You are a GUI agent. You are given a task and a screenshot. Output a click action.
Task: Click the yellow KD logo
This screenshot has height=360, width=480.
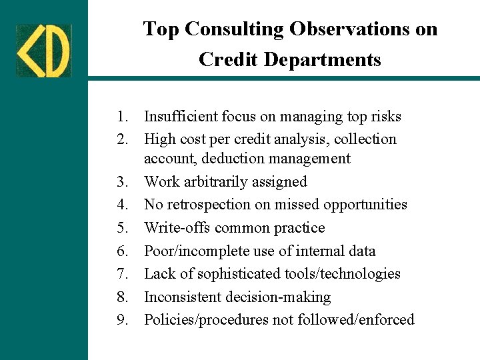coord(43,51)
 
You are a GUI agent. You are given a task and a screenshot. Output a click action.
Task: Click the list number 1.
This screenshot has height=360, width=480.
coord(121,117)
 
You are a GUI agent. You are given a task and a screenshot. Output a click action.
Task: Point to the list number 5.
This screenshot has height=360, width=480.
coord(121,228)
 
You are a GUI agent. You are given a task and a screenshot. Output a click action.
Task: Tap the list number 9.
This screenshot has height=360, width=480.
coord(121,320)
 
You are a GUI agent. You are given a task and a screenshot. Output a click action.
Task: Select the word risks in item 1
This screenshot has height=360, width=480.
coord(385,117)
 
